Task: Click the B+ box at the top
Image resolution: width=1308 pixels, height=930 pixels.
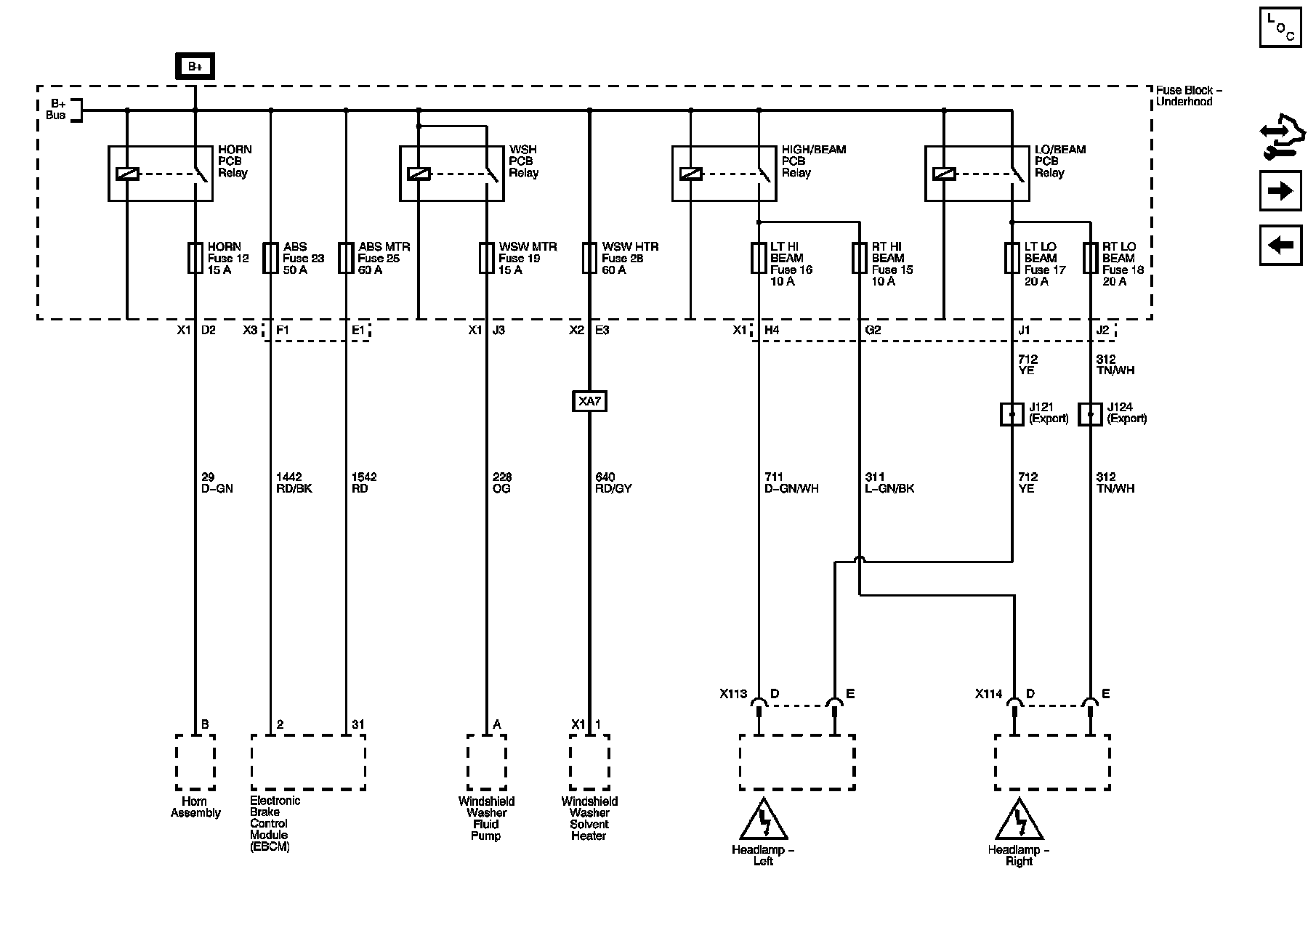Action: (x=195, y=67)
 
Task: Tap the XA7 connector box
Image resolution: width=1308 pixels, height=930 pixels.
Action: (x=589, y=401)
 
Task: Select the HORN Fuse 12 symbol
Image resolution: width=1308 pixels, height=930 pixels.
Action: (x=195, y=258)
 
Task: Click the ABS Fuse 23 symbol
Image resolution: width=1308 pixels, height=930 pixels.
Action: (x=270, y=258)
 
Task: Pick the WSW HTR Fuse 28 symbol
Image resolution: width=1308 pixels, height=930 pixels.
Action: (x=589, y=258)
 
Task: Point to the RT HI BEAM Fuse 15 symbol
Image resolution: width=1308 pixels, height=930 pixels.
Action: (x=860, y=258)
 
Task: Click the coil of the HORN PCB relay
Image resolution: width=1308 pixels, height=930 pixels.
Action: (x=127, y=174)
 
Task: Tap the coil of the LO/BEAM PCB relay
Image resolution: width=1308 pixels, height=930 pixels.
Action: (x=943, y=174)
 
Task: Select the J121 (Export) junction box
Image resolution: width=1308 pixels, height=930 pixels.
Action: (x=1012, y=414)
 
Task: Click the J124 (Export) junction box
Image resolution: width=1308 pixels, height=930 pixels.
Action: (x=1089, y=414)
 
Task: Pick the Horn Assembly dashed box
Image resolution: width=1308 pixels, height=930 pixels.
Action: (x=195, y=761)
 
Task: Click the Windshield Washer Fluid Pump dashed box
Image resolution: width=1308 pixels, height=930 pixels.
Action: (x=486, y=761)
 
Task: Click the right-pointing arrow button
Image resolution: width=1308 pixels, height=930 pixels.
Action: (x=1280, y=191)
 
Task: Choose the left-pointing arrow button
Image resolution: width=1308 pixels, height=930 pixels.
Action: (x=1280, y=245)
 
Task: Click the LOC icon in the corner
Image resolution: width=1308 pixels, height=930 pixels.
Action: (x=1280, y=28)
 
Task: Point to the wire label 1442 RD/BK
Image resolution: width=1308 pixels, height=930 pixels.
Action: (x=294, y=482)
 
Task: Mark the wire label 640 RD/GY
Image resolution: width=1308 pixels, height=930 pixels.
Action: (x=613, y=482)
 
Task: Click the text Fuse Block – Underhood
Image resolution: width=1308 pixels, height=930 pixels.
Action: (x=1189, y=96)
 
